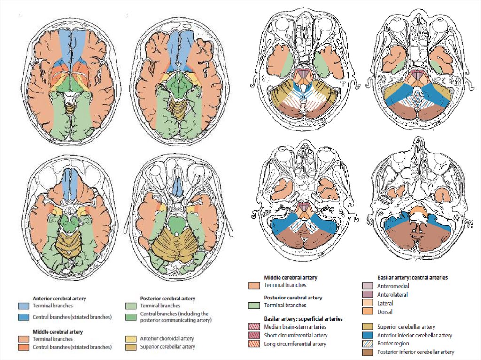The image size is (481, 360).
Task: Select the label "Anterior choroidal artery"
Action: point(167,338)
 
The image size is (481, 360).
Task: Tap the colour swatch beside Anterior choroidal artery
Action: point(132,338)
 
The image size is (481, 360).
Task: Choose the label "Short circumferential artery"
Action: point(296,336)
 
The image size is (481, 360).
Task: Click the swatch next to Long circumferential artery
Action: point(254,344)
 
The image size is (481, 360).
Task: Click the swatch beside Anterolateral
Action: point(368,294)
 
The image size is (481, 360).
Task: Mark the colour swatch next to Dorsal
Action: point(368,311)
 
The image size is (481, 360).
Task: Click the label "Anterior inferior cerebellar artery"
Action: point(415,335)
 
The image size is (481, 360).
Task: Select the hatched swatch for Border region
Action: point(368,344)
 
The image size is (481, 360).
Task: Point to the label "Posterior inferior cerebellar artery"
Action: point(416,352)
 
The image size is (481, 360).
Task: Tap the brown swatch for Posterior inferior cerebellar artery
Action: point(368,352)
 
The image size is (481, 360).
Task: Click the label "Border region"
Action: point(393,344)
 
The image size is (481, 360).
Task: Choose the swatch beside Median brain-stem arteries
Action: point(254,327)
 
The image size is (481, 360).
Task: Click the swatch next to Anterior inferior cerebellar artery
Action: point(368,335)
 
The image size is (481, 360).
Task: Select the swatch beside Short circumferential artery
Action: point(254,336)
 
